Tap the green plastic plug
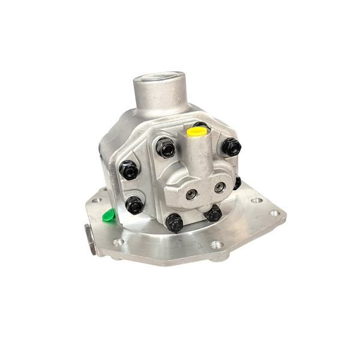tap(109, 215)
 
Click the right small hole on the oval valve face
tap(219, 187)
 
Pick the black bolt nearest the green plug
tap(134, 205)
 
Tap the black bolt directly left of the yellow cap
tap(166, 147)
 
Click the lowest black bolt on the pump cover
tap(174, 223)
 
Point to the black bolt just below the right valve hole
tap(212, 213)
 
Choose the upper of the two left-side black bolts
tap(129, 170)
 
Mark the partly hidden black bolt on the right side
tap(237, 182)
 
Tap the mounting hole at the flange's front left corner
tap(118, 242)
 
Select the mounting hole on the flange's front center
tap(214, 245)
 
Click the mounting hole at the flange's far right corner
tap(274, 213)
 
